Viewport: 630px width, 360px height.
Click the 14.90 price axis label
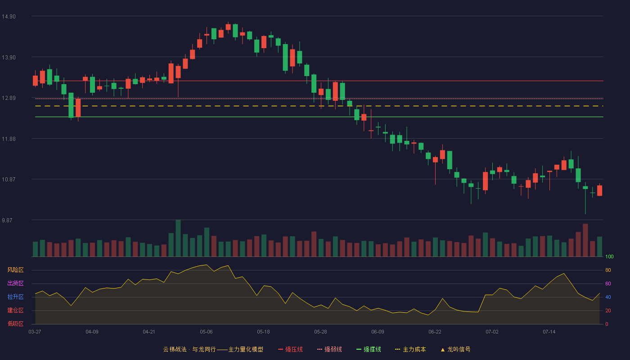(x=9, y=17)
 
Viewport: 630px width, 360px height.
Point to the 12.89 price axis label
(x=9, y=98)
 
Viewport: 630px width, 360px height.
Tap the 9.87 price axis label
(x=7, y=220)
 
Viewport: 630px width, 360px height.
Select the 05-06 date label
(x=206, y=332)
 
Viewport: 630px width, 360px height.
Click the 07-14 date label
(x=549, y=332)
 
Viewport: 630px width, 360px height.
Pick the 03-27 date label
(x=35, y=332)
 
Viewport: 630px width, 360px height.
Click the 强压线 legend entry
(x=290, y=349)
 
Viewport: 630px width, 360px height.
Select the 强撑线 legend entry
(x=369, y=349)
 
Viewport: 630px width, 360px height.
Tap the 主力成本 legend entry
(x=410, y=349)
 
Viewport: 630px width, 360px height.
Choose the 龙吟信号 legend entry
(x=455, y=349)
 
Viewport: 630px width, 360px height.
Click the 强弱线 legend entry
(x=329, y=349)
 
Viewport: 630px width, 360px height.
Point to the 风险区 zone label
(x=15, y=270)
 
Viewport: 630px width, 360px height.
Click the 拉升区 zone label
(x=15, y=297)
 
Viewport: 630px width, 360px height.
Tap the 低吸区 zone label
(x=15, y=324)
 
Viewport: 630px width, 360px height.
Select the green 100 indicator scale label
(x=609, y=256)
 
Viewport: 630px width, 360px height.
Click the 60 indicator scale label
(x=608, y=283)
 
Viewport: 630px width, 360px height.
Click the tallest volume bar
(x=178, y=238)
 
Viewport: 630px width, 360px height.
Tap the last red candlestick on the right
(x=599, y=190)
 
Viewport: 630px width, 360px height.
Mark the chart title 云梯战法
(x=175, y=349)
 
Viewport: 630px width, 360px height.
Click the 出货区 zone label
(x=15, y=283)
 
